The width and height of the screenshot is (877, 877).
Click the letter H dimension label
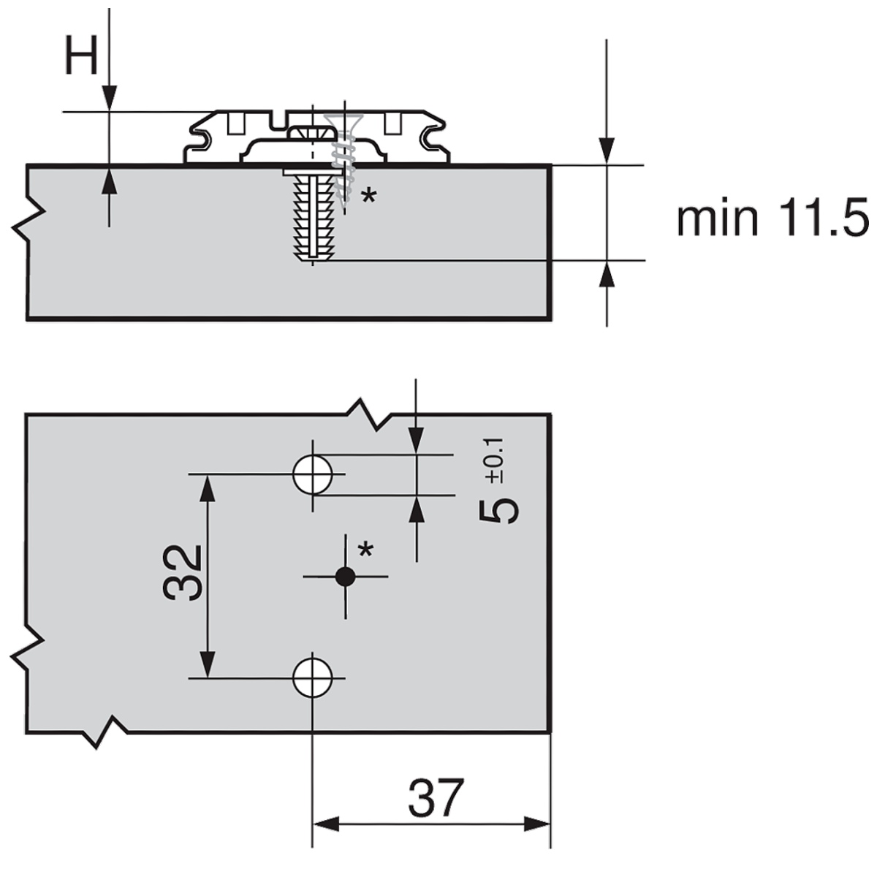coord(81,57)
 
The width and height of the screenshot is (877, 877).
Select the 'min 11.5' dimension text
coord(772,219)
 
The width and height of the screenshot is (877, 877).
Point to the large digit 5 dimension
coord(498,511)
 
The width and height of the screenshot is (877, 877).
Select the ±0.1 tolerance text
coord(494,460)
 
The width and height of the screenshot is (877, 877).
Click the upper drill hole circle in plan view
coord(312,474)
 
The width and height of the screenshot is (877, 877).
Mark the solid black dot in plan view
coord(345,577)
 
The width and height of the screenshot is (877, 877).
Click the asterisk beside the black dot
coord(365,550)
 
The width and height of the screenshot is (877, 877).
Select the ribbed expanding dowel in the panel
coord(313,216)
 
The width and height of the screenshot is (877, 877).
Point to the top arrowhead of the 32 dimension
coord(208,489)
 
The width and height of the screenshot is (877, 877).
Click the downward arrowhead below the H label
coord(109,98)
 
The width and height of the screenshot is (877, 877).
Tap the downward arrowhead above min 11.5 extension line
coord(607,151)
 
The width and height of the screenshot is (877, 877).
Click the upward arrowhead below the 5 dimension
coord(417,509)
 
